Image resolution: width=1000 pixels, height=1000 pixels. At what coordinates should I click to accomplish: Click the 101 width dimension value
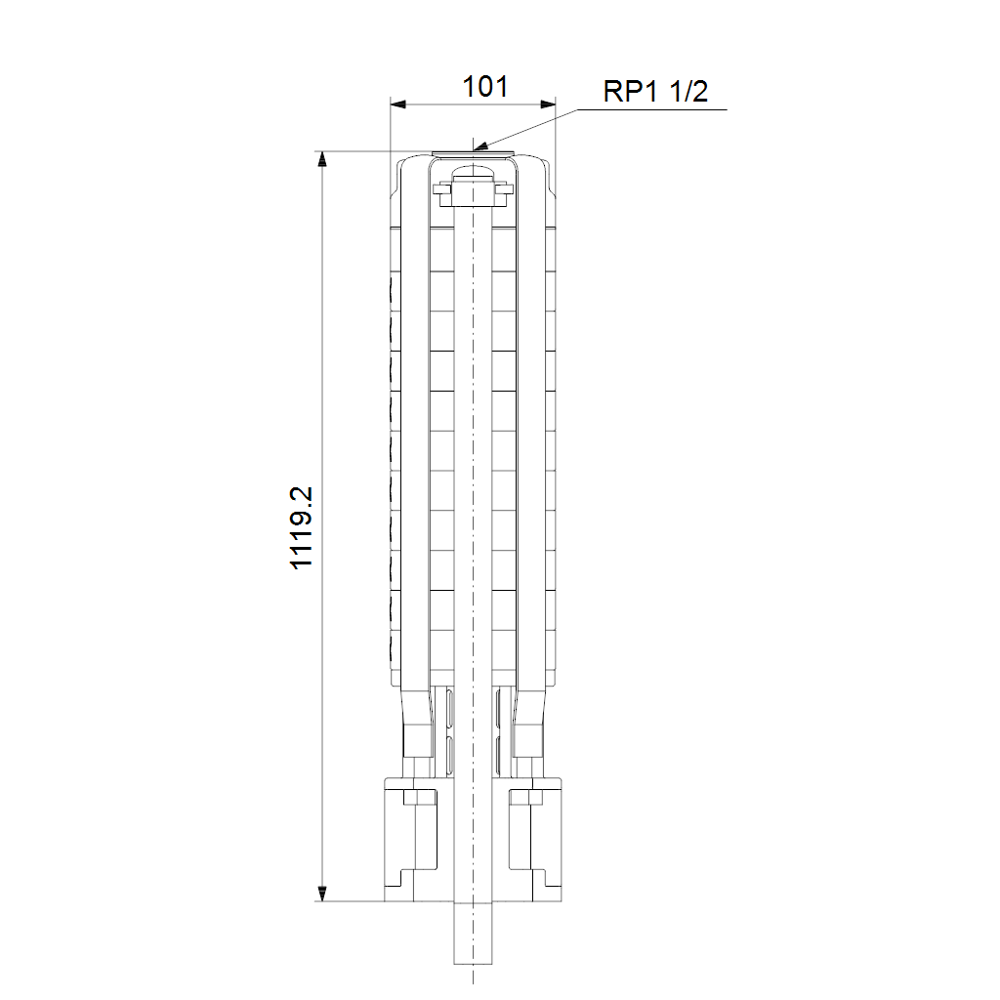coord(484,87)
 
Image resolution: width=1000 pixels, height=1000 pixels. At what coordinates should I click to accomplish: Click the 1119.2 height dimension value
coord(301,527)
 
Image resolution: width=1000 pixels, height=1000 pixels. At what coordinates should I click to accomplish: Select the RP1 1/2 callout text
coord(655,91)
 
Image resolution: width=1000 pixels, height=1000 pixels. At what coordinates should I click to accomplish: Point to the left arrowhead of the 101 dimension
coord(398,104)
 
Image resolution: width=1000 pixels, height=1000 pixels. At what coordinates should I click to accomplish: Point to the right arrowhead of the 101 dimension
coord(548,104)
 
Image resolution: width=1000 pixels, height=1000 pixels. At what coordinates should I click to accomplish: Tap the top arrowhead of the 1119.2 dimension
coord(322,159)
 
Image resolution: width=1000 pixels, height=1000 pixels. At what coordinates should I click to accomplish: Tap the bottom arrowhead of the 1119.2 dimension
coord(322,894)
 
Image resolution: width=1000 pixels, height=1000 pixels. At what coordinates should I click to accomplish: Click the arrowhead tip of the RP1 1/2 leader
coord(475,149)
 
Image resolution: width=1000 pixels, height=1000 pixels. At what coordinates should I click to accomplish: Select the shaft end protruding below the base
coord(473,933)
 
